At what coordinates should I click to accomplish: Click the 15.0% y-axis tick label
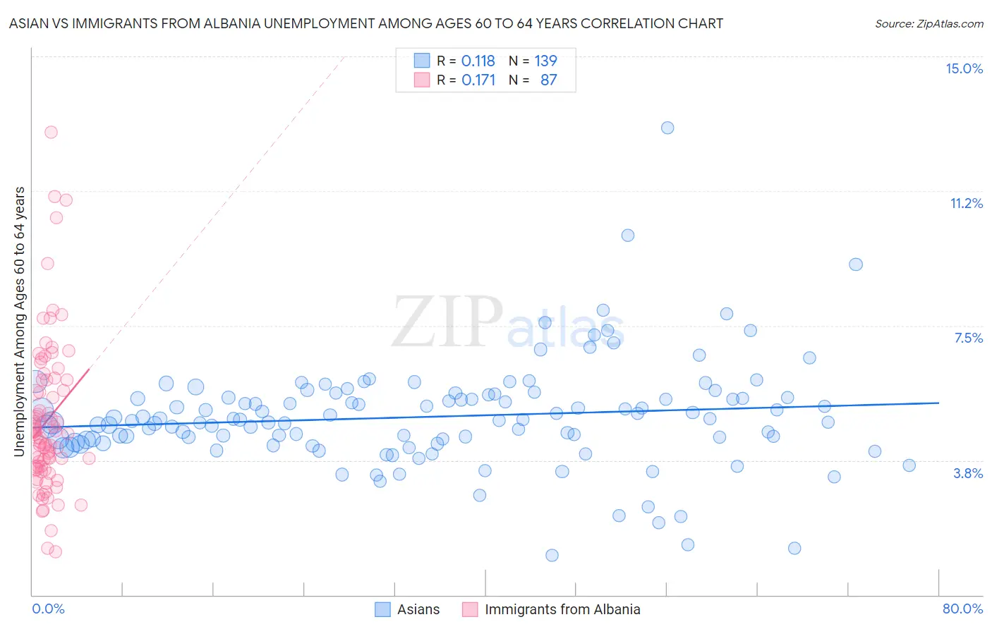[964, 68]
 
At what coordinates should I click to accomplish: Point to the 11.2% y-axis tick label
[966, 203]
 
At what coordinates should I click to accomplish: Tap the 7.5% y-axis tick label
[968, 338]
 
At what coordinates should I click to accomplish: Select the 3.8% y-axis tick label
[968, 473]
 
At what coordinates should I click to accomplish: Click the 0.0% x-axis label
[48, 609]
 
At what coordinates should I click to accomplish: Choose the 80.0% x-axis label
[962, 609]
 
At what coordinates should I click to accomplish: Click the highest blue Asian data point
[667, 128]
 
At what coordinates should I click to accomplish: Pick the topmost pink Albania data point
[51, 132]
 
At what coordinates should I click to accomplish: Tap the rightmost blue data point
[909, 465]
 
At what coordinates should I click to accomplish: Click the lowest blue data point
[552, 555]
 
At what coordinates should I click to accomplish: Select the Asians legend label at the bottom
[418, 609]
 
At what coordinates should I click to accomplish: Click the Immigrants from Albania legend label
[562, 609]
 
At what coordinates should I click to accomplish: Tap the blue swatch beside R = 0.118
[422, 61]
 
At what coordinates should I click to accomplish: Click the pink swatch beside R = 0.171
[422, 80]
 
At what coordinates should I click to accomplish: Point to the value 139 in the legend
[545, 61]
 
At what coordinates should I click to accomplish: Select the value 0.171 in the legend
[478, 80]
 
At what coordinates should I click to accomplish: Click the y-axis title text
[20, 321]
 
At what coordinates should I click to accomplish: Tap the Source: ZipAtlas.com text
[929, 23]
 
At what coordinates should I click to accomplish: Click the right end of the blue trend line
[938, 403]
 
